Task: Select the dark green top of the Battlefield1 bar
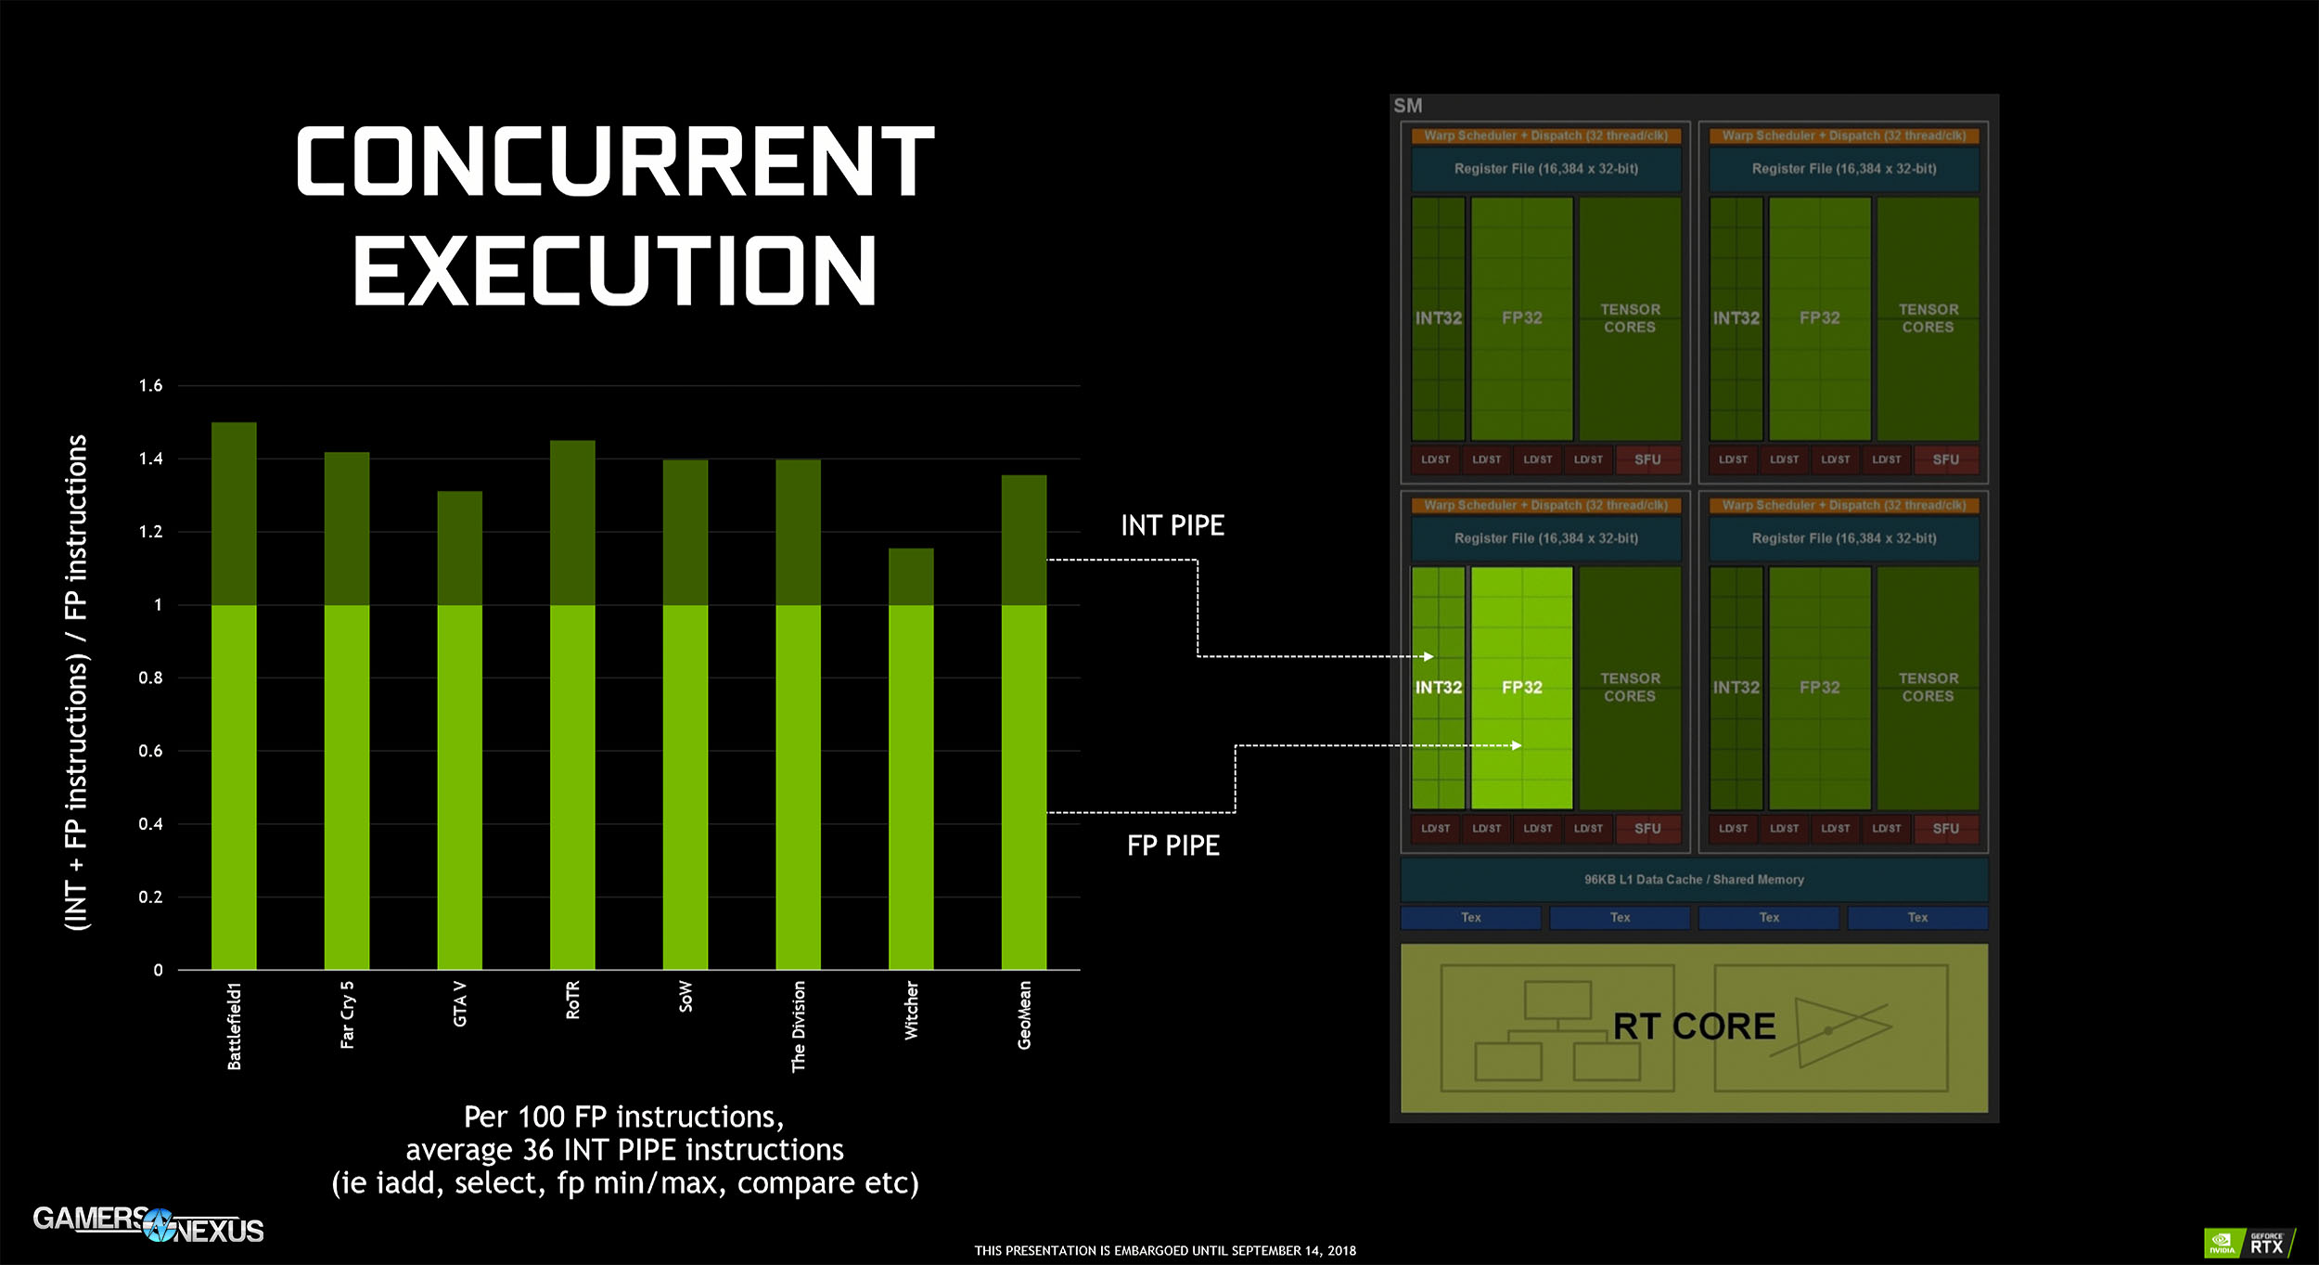[x=234, y=513]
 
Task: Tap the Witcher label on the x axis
[x=911, y=1011]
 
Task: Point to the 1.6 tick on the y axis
[x=150, y=385]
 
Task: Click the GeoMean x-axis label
[x=1024, y=1015]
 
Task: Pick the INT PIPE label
[x=1172, y=525]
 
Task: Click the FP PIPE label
[x=1172, y=845]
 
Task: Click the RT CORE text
[x=1694, y=1026]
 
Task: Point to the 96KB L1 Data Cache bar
[x=1694, y=879]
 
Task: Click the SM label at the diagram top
[x=1407, y=106]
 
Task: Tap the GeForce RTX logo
[x=2249, y=1243]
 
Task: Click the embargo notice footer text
[x=1165, y=1251]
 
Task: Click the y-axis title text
[x=76, y=682]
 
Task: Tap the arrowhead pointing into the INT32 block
[x=1429, y=656]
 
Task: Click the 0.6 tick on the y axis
[x=150, y=751]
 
